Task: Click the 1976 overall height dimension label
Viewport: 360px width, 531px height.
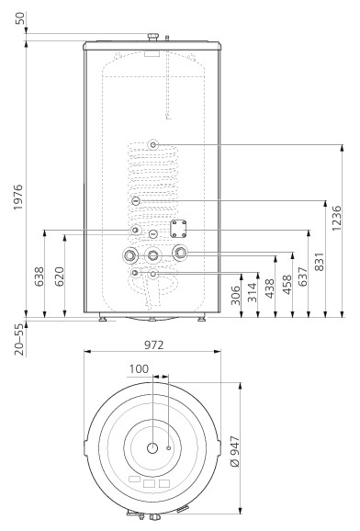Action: point(18,198)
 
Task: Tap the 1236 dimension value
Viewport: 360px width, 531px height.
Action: point(337,219)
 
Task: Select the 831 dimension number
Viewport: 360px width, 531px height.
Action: point(320,262)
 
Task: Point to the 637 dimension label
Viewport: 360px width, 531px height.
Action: point(302,277)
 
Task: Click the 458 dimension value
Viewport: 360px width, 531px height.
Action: point(287,285)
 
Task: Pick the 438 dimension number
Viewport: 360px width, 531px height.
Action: point(270,288)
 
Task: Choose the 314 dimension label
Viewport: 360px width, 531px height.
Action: point(253,292)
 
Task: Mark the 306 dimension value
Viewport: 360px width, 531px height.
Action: point(235,295)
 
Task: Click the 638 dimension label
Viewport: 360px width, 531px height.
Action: point(39,277)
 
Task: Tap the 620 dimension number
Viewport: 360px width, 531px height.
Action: point(60,277)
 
